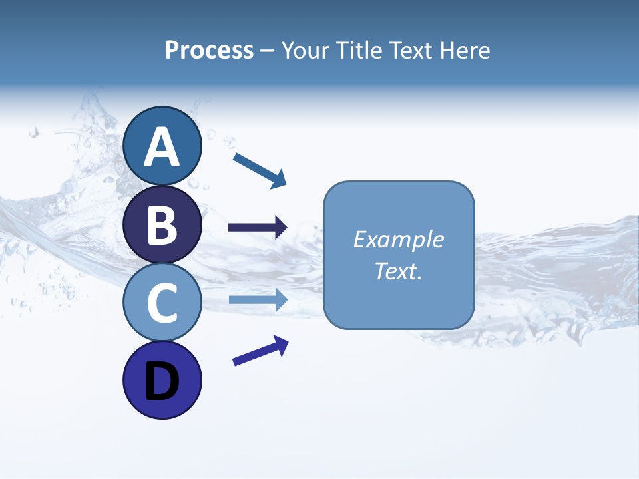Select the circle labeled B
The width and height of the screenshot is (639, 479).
click(162, 225)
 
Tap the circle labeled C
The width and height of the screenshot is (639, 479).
click(162, 303)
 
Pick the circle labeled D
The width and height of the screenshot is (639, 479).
click(162, 381)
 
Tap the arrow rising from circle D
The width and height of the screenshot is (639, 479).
click(260, 350)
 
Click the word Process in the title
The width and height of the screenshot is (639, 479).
click(209, 50)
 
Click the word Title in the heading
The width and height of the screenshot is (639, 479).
click(356, 50)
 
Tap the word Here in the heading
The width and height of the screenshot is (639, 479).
click(465, 50)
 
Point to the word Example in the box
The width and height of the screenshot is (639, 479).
click(399, 239)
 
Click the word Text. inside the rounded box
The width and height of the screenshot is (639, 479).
click(399, 271)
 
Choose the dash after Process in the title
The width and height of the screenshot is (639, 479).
click(267, 51)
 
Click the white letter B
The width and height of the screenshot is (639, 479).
click(162, 225)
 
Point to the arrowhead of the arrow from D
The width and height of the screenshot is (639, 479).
click(280, 343)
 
